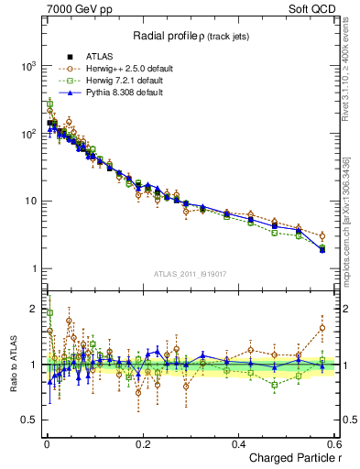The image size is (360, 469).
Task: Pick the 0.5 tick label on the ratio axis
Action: point(28,420)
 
